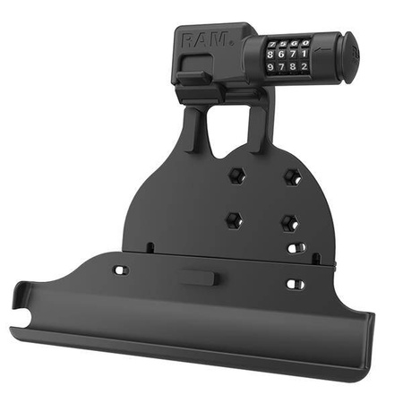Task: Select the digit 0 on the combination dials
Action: (x=305, y=42)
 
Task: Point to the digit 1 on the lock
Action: (x=305, y=54)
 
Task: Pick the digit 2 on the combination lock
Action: (x=305, y=65)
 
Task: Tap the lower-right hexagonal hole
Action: (x=288, y=220)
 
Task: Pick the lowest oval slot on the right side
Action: (x=294, y=285)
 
